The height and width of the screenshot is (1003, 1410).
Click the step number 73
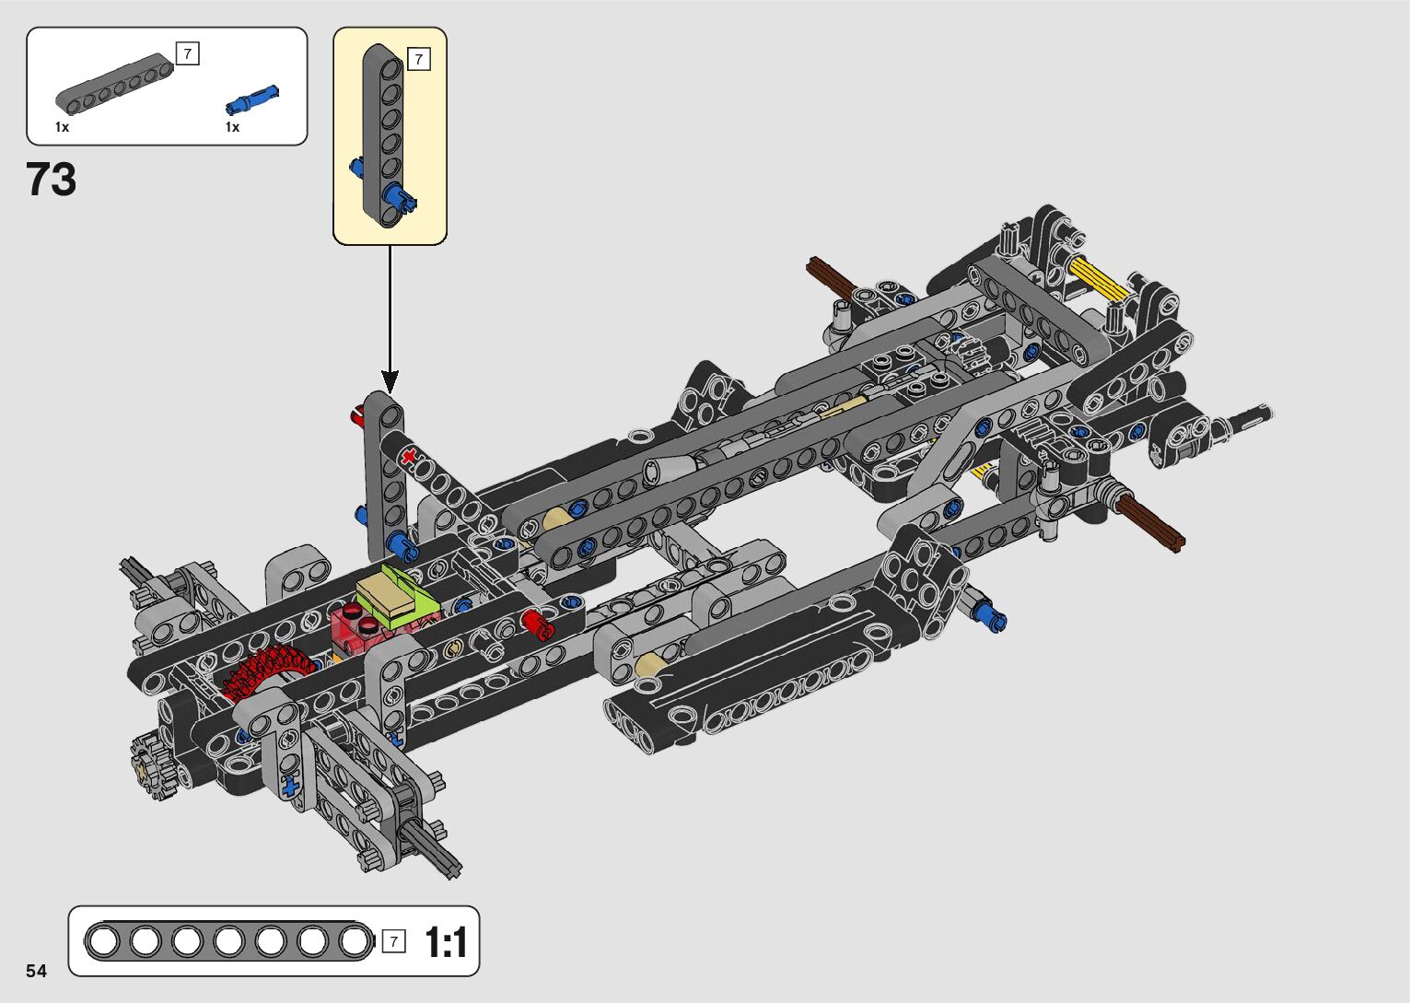(x=51, y=179)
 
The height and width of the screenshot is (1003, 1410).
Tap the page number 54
(x=37, y=971)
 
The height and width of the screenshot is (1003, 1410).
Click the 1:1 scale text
(x=447, y=942)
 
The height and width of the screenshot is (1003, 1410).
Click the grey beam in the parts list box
(x=114, y=85)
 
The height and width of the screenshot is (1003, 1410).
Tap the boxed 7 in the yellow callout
(x=419, y=59)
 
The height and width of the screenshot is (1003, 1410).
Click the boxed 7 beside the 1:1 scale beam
(x=393, y=941)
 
